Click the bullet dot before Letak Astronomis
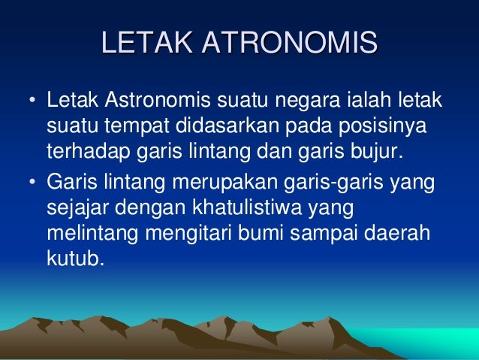tap(32, 101)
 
